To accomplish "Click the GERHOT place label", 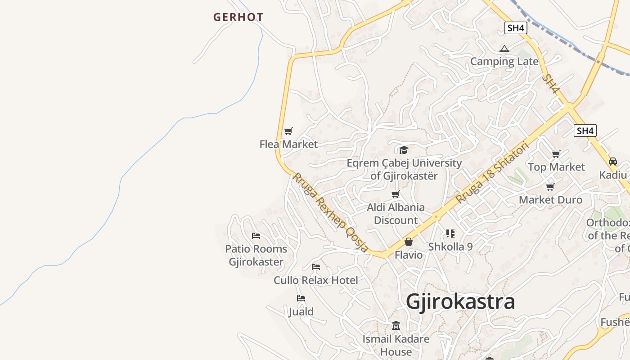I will (238, 17).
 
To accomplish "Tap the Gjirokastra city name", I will (460, 301).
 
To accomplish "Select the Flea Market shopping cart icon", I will (288, 131).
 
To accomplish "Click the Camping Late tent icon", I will (504, 49).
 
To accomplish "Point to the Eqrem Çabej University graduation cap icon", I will (404, 150).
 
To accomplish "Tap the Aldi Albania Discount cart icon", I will (396, 194).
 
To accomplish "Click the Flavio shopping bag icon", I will (409, 242).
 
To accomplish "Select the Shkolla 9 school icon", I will (450, 234).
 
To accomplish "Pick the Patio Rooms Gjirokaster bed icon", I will (256, 236).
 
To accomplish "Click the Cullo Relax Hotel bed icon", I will (316, 267).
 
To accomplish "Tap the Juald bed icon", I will (301, 298).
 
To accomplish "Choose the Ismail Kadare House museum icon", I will (396, 325).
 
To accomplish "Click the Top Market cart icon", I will (556, 154).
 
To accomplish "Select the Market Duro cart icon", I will (550, 187).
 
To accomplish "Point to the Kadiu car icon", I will (613, 162).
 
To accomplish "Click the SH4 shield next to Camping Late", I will (516, 28).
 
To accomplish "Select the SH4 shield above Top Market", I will (585, 131).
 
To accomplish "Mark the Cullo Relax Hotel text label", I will (316, 280).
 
